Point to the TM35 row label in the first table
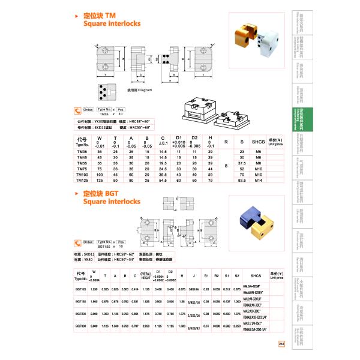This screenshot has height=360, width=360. pos(82,152)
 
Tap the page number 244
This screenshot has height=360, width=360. pos(282,343)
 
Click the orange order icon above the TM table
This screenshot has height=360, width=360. pos(77,110)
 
